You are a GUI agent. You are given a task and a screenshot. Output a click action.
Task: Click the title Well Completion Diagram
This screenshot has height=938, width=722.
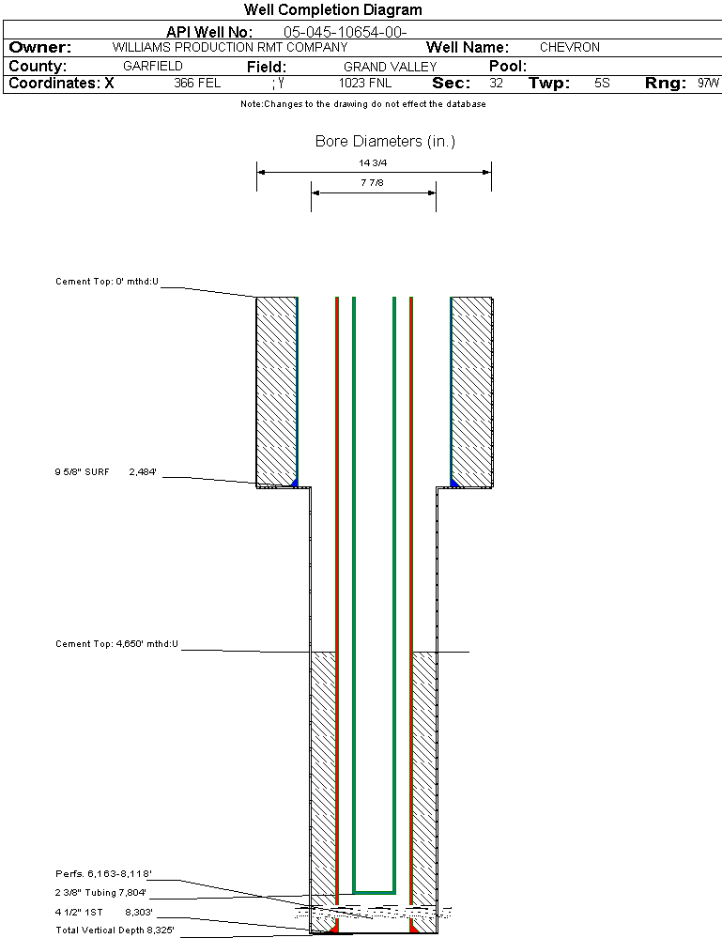(332, 10)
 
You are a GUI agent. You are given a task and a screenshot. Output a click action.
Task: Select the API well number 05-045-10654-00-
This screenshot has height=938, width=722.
(345, 32)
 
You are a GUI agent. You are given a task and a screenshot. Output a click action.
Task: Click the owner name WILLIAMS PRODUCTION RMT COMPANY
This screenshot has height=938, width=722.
(229, 47)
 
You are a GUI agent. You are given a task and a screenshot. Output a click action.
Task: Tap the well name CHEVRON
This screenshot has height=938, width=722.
(569, 47)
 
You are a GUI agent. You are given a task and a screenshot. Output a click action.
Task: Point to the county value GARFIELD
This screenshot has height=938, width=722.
(153, 67)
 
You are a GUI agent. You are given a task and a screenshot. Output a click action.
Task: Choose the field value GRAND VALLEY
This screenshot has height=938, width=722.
(390, 67)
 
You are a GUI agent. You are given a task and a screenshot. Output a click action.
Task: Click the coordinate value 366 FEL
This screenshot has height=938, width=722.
(197, 84)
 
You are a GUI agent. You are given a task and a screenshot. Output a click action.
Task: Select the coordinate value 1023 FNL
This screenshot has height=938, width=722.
(365, 84)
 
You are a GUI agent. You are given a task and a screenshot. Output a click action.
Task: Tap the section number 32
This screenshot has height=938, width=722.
(497, 84)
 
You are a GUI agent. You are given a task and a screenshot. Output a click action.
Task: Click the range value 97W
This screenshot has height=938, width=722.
(709, 84)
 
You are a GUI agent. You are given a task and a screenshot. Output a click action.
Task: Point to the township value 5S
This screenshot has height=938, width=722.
(603, 84)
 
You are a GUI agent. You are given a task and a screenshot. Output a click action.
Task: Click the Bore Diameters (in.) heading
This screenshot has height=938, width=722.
(385, 142)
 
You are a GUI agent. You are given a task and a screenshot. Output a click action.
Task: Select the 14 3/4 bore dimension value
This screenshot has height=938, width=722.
(373, 162)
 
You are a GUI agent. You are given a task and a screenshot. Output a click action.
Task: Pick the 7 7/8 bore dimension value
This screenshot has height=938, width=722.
(373, 183)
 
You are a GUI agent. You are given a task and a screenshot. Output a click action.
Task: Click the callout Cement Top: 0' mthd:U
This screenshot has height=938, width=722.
(107, 281)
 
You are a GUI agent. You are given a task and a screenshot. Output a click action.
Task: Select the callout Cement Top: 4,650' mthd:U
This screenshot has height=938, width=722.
(116, 644)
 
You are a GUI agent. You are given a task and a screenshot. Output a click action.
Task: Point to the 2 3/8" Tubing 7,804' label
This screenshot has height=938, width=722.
(101, 893)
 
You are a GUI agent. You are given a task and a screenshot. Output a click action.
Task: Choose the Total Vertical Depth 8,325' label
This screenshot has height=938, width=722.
(115, 930)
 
